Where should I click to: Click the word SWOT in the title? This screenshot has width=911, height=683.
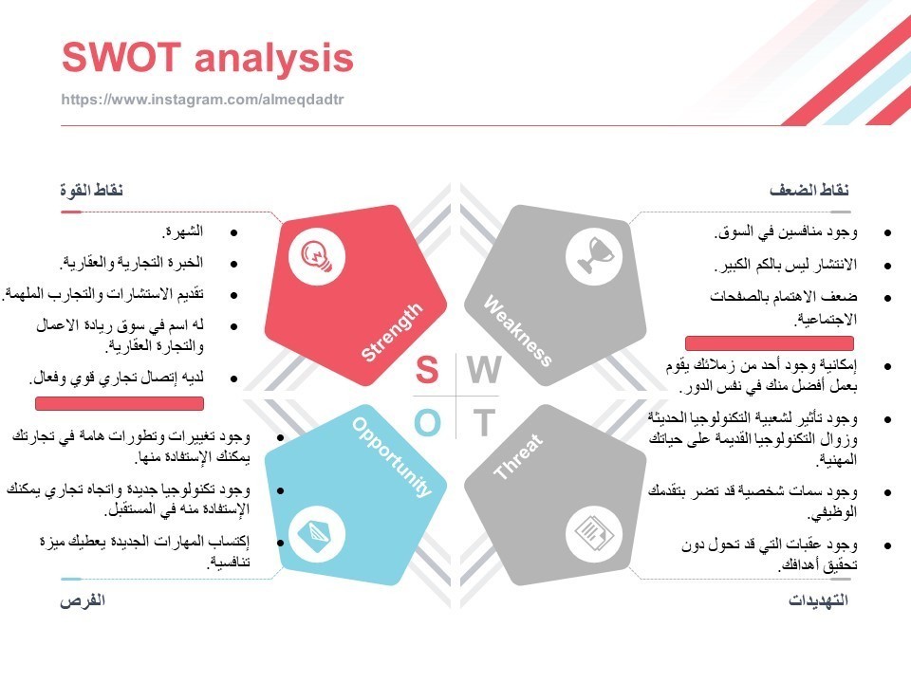coord(120,59)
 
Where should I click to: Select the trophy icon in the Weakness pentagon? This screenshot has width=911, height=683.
coord(599,254)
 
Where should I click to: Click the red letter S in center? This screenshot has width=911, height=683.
coord(427,371)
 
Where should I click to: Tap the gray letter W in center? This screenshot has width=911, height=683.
coord(484,371)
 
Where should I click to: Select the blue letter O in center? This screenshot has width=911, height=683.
coord(427,423)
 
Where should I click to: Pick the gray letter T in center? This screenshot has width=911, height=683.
coord(484,423)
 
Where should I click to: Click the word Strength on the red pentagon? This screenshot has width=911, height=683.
coord(391,332)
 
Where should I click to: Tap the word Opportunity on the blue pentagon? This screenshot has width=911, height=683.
coord(392,456)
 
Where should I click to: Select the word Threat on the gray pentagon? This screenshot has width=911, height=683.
coord(518,457)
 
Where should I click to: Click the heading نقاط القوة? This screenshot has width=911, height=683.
coord(92,191)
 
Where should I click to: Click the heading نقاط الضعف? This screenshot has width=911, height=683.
coord(809,191)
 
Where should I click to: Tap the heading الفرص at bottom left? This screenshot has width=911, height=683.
coord(83,600)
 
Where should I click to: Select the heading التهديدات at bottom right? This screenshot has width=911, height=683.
coord(818,600)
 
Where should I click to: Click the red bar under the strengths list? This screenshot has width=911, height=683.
coord(120,404)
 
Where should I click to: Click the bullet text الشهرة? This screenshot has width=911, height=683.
coord(183,231)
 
